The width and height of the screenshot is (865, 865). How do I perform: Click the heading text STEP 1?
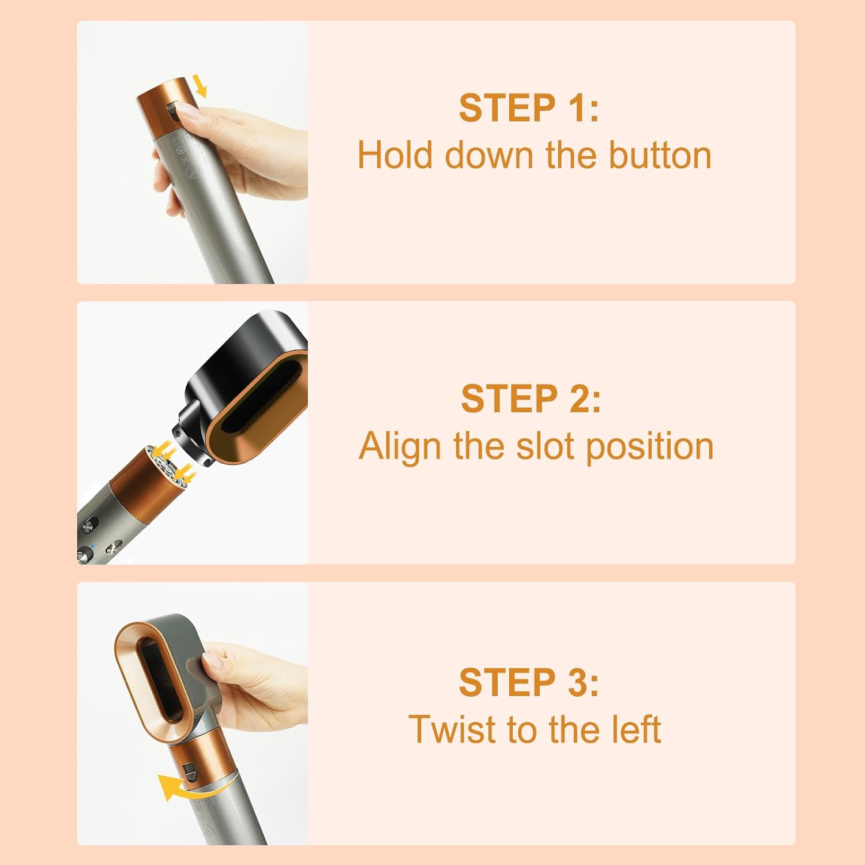click(x=529, y=108)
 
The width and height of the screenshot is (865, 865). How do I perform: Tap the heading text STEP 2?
click(x=531, y=398)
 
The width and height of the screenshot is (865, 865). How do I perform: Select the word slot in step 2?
click(x=547, y=447)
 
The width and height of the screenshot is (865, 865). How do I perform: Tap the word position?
click(x=650, y=447)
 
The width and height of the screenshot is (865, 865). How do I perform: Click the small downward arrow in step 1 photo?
click(x=200, y=86)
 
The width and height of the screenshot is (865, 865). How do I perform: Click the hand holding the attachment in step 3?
click(x=254, y=692)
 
